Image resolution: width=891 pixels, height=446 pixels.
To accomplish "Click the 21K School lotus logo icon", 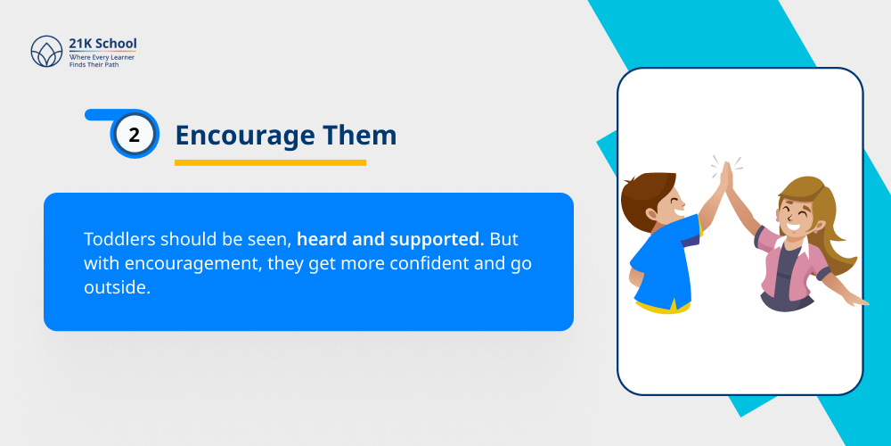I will (x=47, y=52).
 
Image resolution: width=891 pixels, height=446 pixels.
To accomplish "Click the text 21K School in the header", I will (x=102, y=44).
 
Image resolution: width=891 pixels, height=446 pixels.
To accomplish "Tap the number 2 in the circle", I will (x=135, y=135).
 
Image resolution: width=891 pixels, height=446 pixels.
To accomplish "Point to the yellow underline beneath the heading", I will (x=270, y=162).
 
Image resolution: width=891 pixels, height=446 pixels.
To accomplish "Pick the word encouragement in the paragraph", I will (x=184, y=265).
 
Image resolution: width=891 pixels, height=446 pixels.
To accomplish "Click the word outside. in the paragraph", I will (x=116, y=290).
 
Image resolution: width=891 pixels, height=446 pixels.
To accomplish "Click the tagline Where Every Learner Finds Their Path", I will (x=102, y=61).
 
